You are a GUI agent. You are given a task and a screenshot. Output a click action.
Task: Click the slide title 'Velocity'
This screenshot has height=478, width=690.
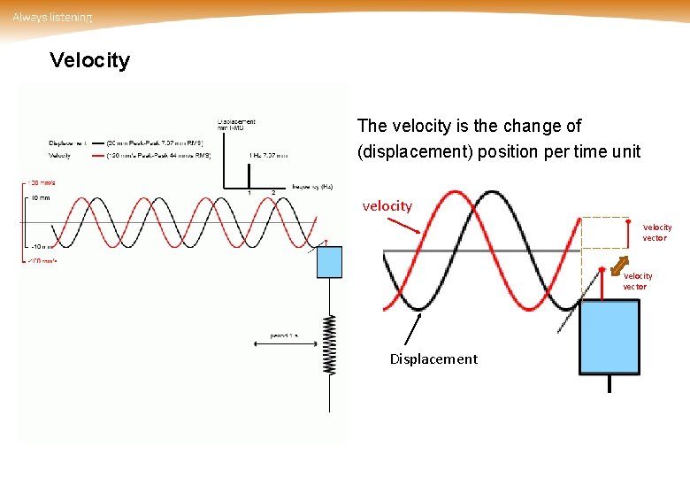click(89, 60)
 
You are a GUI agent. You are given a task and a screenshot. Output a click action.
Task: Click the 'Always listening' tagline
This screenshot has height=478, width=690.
click(52, 18)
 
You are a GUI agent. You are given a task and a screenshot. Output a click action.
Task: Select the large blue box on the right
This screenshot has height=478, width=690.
click(609, 336)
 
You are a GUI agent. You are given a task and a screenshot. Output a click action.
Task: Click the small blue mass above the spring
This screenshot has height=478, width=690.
click(329, 262)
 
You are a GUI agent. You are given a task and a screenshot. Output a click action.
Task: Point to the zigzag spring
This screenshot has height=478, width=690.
click(330, 344)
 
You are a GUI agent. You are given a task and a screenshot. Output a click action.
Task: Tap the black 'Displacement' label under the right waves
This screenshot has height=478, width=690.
click(433, 358)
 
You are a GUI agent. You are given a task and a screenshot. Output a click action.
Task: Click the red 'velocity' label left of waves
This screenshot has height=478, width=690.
click(387, 206)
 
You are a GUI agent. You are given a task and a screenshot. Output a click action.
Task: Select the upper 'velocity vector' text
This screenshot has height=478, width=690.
click(656, 233)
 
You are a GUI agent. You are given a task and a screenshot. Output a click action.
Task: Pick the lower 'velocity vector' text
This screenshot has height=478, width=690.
click(637, 281)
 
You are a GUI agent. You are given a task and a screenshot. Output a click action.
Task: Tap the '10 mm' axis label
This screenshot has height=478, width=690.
click(39, 198)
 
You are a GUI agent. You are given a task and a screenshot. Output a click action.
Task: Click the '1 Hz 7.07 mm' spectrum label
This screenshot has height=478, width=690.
click(268, 155)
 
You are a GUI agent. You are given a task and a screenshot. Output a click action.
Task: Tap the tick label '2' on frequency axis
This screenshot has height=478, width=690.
click(272, 193)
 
